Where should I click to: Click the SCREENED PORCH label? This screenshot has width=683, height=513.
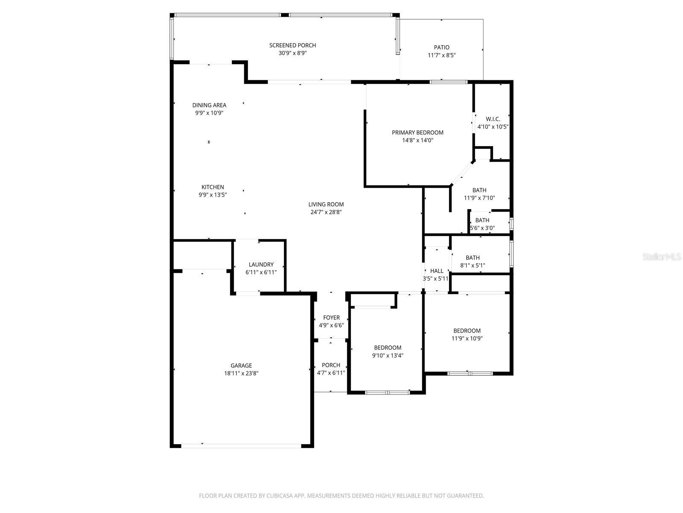coord(292,45)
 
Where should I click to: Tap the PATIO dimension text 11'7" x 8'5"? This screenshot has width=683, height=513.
coord(442,55)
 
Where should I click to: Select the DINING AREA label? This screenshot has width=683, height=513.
coord(209,105)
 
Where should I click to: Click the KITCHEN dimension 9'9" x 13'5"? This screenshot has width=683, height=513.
coord(213,195)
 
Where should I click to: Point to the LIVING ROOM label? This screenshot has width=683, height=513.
coord(326,204)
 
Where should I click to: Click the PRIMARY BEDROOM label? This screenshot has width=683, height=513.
coord(417,133)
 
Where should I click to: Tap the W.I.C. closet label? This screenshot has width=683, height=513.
coord(493,119)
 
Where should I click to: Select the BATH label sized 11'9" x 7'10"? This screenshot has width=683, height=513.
coord(479,190)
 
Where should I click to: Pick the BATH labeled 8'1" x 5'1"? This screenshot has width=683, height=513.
coord(473,258)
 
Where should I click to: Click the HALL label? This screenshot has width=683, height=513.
coord(437,271)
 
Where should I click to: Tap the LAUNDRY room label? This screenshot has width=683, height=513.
coord(261,265)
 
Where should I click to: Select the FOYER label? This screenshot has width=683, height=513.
coord(331,318)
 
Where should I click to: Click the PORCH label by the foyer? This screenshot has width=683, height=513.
coord(331,365)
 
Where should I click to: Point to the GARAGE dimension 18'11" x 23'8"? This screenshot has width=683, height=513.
coord(241,373)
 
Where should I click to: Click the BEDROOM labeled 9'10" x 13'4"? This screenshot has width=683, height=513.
coord(388,348)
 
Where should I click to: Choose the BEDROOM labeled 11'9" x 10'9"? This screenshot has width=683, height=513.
coord(467,330)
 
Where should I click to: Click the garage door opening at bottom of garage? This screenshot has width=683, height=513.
coord(241,445)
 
